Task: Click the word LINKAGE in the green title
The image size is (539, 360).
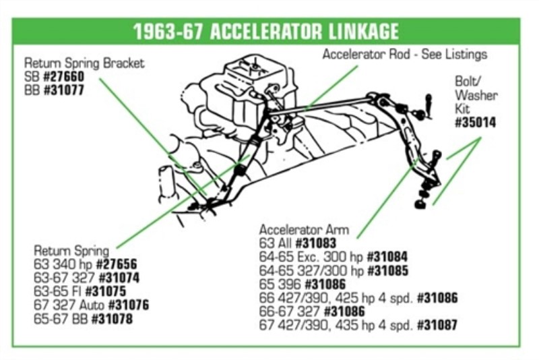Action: pos(364,32)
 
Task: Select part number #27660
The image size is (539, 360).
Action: pos(63,77)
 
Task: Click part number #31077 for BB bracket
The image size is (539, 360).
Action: pos(63,90)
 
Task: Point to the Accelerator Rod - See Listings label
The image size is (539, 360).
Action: pos(405,55)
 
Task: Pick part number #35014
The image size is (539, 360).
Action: pos(476,123)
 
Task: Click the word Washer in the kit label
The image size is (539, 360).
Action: pos(476,95)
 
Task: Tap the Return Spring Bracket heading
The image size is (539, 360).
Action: pos(84,63)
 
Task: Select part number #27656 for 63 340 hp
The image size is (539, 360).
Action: pos(116,264)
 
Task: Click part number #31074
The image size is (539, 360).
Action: pos(119,278)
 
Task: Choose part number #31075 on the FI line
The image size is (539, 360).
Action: pos(106,292)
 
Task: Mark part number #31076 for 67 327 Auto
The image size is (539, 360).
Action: pos(129,305)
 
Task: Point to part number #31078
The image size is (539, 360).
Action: pos(112,319)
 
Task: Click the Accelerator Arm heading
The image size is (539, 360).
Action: pos(304,230)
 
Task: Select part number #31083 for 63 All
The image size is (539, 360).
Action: pos(315,243)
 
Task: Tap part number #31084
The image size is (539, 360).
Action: pos(387,257)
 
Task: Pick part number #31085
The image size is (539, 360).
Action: pos(388,270)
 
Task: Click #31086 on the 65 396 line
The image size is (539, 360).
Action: pos(325,284)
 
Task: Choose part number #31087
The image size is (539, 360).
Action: pos(437,325)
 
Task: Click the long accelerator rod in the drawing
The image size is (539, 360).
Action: pos(319,108)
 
